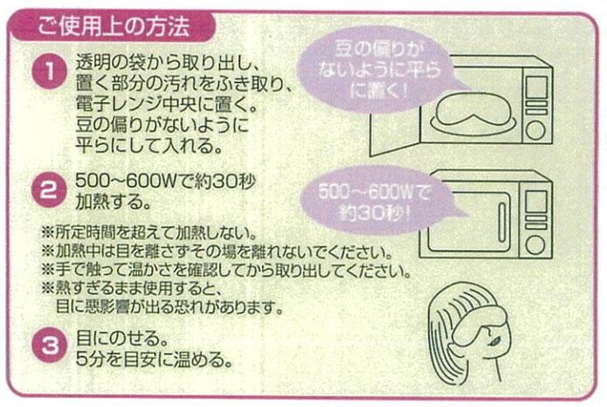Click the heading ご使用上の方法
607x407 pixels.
coord(114,26)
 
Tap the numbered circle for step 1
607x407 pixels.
coord(50,72)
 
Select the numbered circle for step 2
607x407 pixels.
coord(48,190)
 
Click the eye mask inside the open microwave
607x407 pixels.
coord(476,112)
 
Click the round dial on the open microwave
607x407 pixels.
coord(535,130)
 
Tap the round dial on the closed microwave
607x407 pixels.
coord(535,245)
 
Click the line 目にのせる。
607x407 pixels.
coord(122,339)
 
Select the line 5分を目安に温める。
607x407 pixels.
coord(154,359)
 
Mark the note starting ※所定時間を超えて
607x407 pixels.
coord(149,232)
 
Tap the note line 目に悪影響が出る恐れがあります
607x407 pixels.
coord(170,307)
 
